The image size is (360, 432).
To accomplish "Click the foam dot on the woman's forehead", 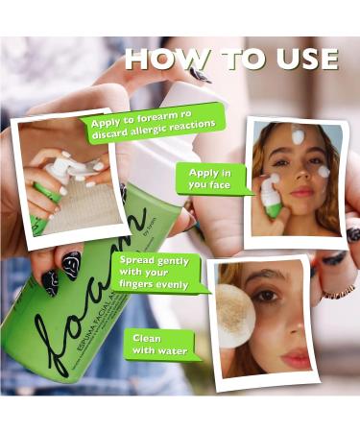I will point(298,137).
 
